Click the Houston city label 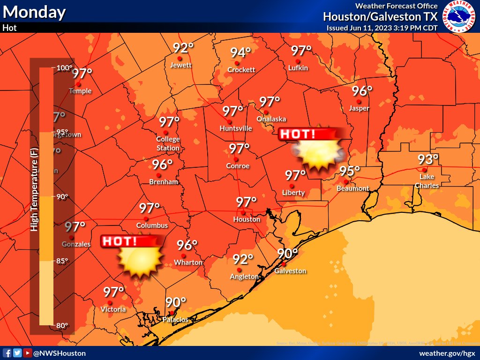tap(247, 219)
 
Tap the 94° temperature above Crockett tap(240, 52)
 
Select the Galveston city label tap(290, 271)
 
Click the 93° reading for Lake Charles tap(428, 160)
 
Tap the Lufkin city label tap(299, 68)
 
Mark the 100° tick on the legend tap(64, 68)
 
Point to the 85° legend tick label tap(62, 261)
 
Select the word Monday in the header tap(34, 12)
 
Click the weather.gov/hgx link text tap(447, 353)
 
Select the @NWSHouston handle tap(59, 353)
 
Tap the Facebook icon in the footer tap(7, 353)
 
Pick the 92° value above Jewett tap(183, 48)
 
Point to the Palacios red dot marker tap(172, 313)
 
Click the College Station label tap(168, 143)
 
